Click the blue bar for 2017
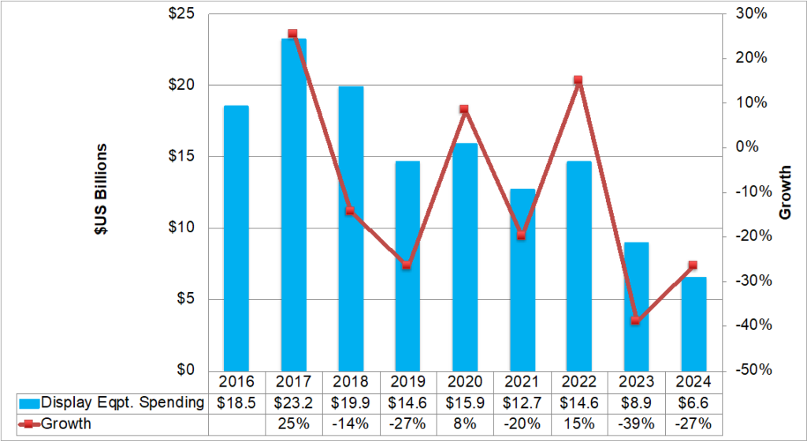tap(293, 205)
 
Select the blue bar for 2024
tap(694, 324)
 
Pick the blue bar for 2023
tap(636, 306)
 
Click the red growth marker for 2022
tap(578, 80)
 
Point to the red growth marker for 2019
tap(407, 265)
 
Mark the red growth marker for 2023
tap(636, 321)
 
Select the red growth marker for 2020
tap(464, 109)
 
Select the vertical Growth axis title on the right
tap(785, 191)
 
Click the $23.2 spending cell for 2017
tap(293, 402)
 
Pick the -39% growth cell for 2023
tap(636, 424)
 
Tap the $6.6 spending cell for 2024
tap(694, 402)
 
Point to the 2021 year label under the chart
tap(521, 382)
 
